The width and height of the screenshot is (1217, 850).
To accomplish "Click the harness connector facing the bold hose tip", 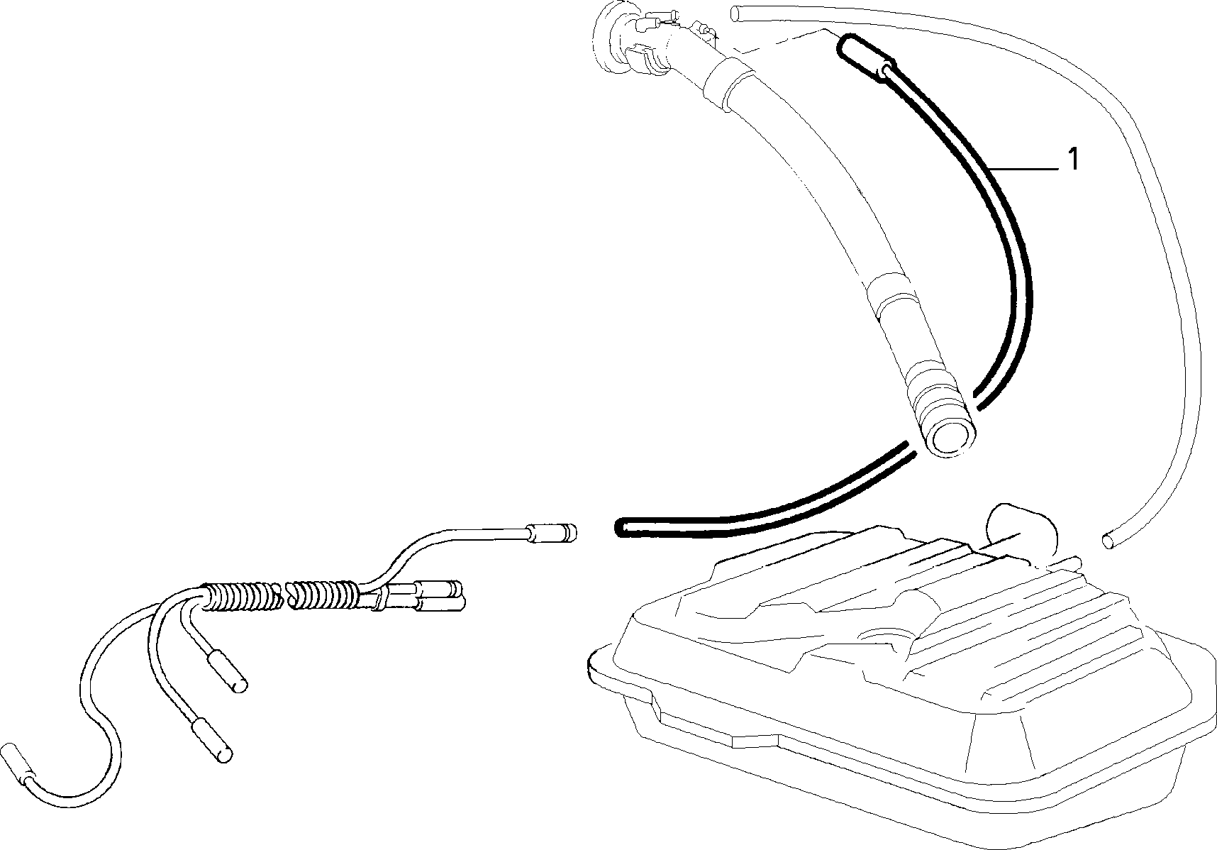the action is [x=552, y=532].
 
